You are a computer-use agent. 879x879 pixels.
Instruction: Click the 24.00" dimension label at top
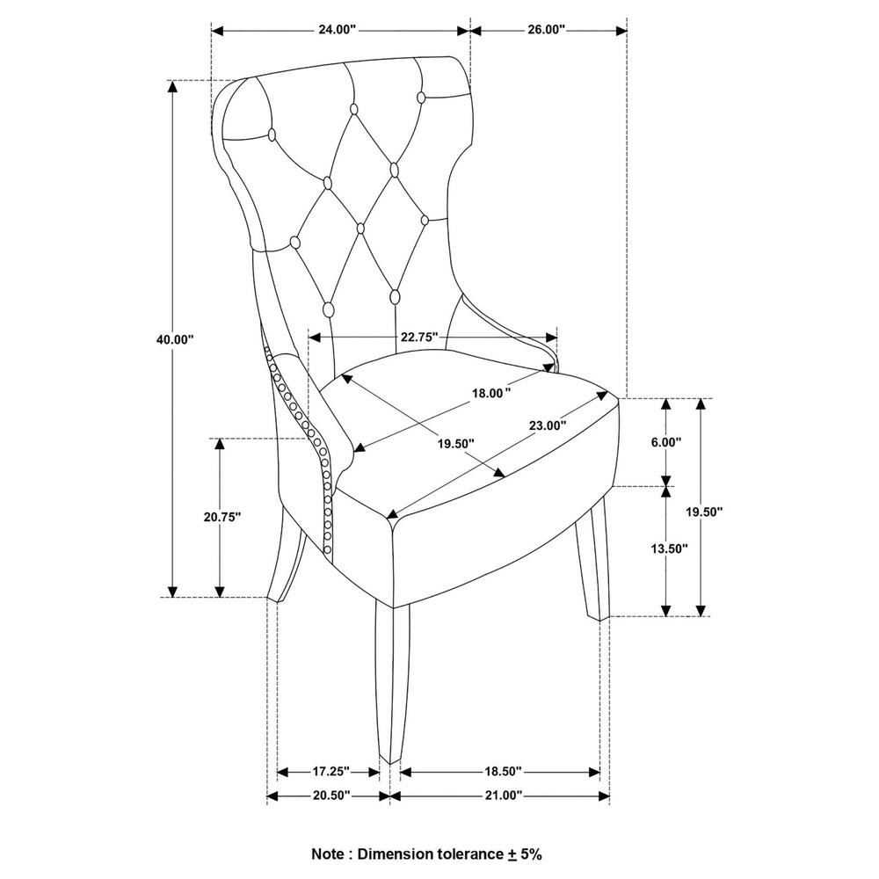tap(338, 30)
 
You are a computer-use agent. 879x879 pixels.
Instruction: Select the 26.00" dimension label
tap(546, 30)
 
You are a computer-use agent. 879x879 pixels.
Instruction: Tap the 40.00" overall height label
tap(175, 339)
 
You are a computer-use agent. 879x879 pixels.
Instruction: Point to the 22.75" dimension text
tap(419, 337)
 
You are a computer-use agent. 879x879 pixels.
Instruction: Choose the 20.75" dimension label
tap(222, 517)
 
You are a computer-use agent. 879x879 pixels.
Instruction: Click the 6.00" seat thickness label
tap(666, 442)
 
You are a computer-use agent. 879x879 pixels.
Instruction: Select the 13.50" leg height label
tap(669, 548)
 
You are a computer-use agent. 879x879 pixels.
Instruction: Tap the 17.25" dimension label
tap(331, 772)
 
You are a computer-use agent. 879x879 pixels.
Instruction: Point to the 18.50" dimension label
tap(503, 772)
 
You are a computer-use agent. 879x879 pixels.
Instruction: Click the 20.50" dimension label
tap(331, 795)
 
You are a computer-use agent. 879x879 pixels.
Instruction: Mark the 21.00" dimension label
tap(504, 795)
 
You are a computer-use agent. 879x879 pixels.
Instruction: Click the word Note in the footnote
tap(329, 854)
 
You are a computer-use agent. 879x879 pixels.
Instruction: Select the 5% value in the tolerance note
tap(531, 854)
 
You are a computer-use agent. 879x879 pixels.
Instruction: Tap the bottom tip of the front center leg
tap(390, 764)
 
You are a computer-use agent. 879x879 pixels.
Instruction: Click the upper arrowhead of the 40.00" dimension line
tap(172, 86)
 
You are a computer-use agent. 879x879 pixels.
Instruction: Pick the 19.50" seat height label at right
tap(705, 512)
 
